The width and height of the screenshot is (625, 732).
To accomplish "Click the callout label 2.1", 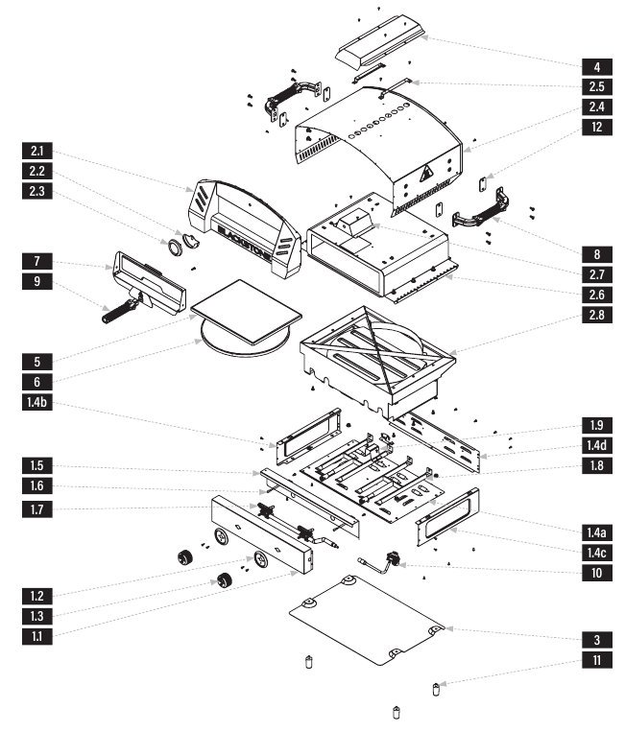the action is pyautogui.click(x=36, y=151).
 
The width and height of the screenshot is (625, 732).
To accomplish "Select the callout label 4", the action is pyautogui.click(x=597, y=67).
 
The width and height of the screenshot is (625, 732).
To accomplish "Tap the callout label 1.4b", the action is pyautogui.click(x=36, y=402).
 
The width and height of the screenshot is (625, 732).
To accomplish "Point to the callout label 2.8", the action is pyautogui.click(x=597, y=315).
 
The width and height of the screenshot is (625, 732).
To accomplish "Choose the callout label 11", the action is pyautogui.click(x=597, y=660).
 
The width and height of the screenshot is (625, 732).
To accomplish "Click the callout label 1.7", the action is pyautogui.click(x=36, y=508).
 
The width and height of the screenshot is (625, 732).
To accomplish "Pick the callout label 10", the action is pyautogui.click(x=597, y=573).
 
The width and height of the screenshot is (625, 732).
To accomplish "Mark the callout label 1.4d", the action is pyautogui.click(x=597, y=445).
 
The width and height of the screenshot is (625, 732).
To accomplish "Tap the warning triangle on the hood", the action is pyautogui.click(x=425, y=175).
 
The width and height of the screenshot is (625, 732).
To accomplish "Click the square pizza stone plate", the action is pyautogui.click(x=246, y=311).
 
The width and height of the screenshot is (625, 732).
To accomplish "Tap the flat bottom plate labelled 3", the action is pyautogui.click(x=367, y=620).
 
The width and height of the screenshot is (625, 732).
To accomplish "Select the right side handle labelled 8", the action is pyautogui.click(x=481, y=208).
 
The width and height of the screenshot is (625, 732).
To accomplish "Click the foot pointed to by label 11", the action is pyautogui.click(x=436, y=689).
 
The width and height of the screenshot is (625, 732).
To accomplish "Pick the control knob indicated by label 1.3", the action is pyautogui.click(x=226, y=581).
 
